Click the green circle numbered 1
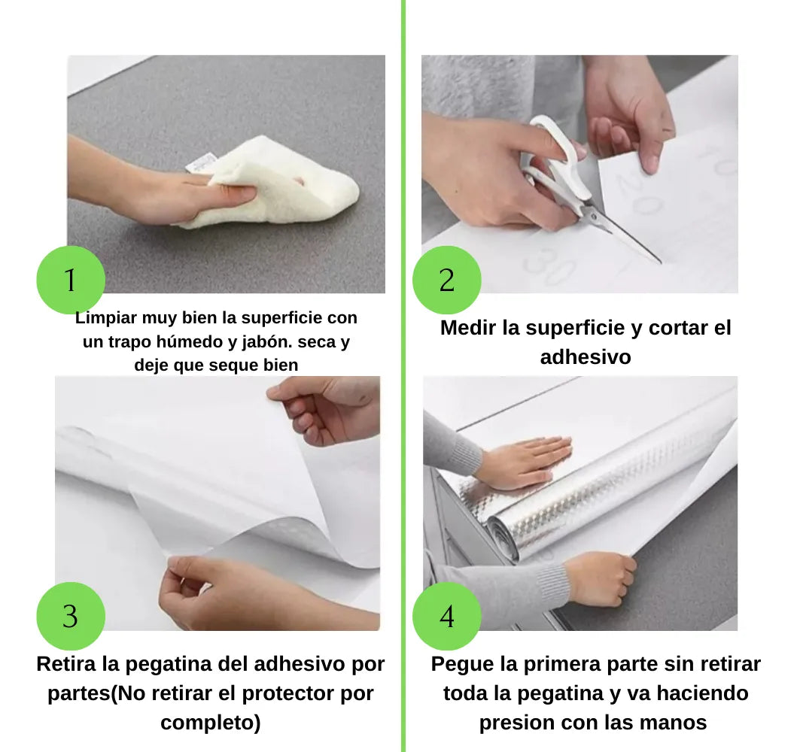(x=70, y=280)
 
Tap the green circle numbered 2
(x=446, y=280)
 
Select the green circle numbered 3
(x=70, y=616)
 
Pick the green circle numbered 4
(x=446, y=616)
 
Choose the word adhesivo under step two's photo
(x=585, y=356)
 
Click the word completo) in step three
(x=210, y=723)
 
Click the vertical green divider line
(x=403, y=376)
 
